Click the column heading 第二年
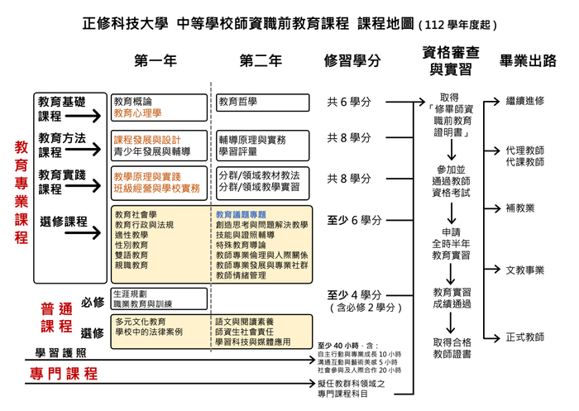[261, 60]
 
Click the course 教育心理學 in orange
[138, 112]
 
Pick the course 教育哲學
[237, 102]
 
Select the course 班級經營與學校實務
[157, 189]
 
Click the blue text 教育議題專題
[242, 213]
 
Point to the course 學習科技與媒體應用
[252, 341]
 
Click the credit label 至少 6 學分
[355, 220]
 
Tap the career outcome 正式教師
[524, 337]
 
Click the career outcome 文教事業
[524, 270]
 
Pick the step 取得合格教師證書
[451, 347]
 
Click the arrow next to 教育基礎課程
[100, 118]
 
